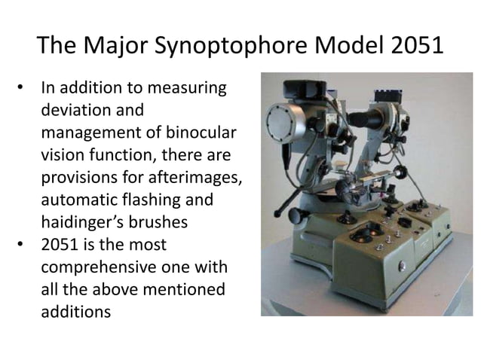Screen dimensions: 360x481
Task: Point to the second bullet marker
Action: pos(22,244)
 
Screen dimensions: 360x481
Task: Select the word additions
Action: pos(73,310)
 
